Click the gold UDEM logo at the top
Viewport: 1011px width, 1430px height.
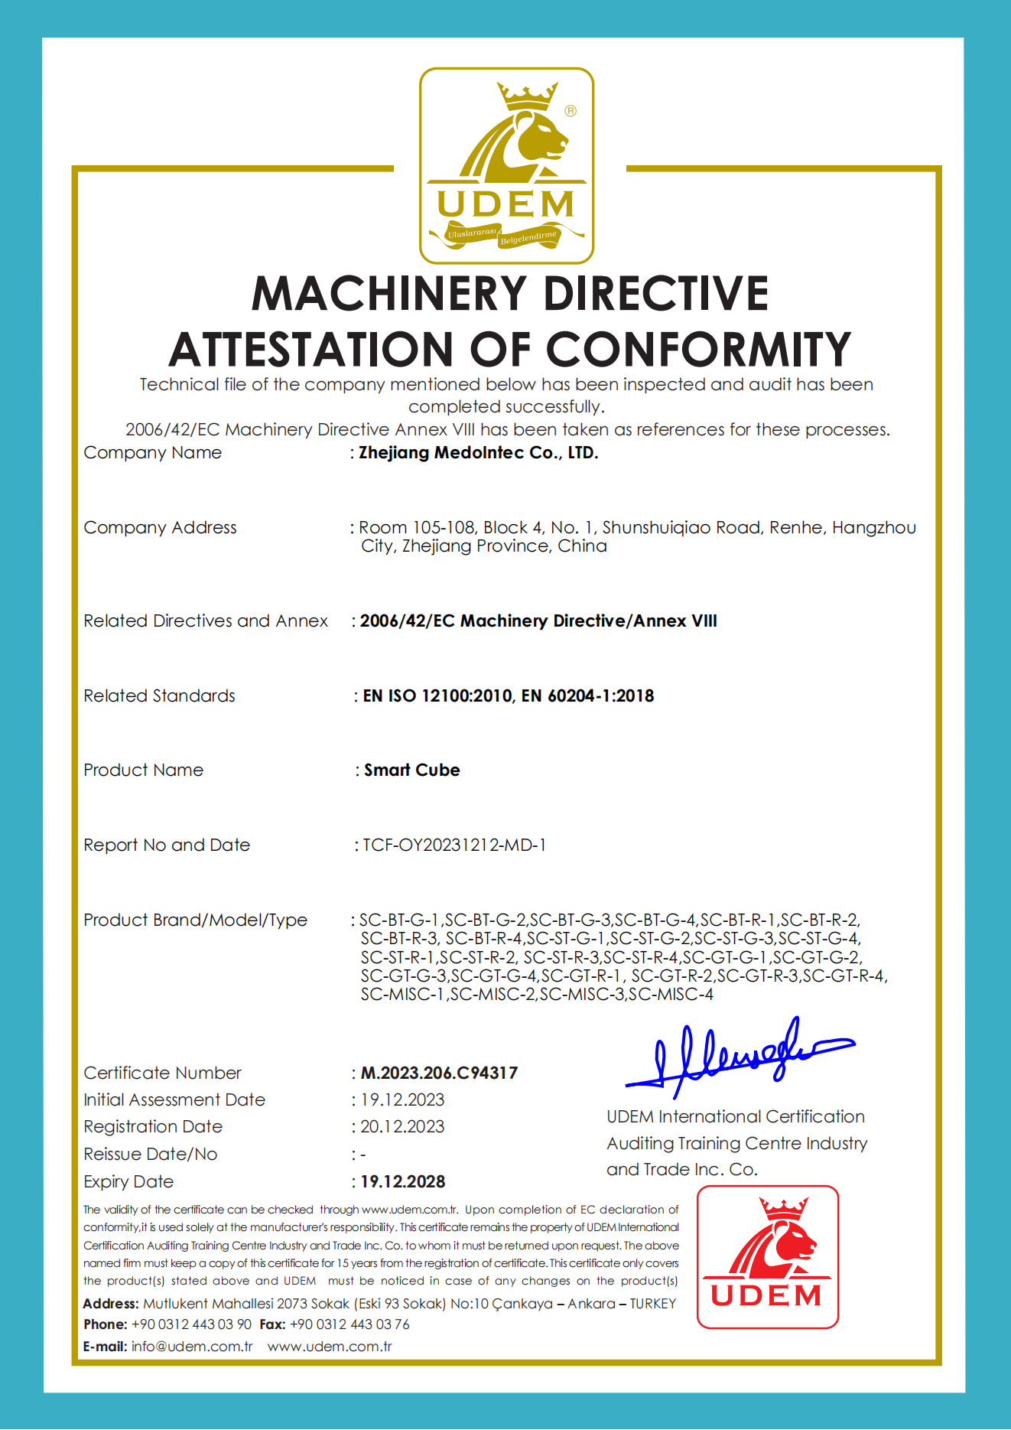(x=506, y=165)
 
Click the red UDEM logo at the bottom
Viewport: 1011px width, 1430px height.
(x=767, y=1256)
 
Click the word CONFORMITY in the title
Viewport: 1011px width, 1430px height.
(x=698, y=350)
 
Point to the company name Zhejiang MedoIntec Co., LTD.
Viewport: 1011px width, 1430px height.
(x=479, y=453)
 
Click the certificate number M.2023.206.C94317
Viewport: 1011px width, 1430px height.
(x=439, y=1073)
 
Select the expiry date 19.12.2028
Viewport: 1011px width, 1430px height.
(x=403, y=1181)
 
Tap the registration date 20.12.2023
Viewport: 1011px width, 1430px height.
(x=402, y=1126)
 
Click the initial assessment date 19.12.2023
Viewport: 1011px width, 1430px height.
(x=402, y=1099)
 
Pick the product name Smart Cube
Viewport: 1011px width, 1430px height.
(x=412, y=770)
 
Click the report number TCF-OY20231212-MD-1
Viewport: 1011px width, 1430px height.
(x=454, y=845)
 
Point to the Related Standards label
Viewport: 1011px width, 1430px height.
(x=159, y=695)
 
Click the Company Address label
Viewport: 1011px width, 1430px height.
(x=160, y=528)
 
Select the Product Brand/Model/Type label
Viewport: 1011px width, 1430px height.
(x=195, y=920)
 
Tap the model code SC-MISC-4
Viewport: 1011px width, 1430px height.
(x=671, y=994)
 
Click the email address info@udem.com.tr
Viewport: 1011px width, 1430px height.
(x=192, y=1347)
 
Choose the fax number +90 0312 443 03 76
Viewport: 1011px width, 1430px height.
(x=349, y=1324)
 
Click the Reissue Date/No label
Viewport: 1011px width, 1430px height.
(x=150, y=1154)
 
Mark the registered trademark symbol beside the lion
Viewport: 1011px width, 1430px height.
(x=571, y=111)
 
